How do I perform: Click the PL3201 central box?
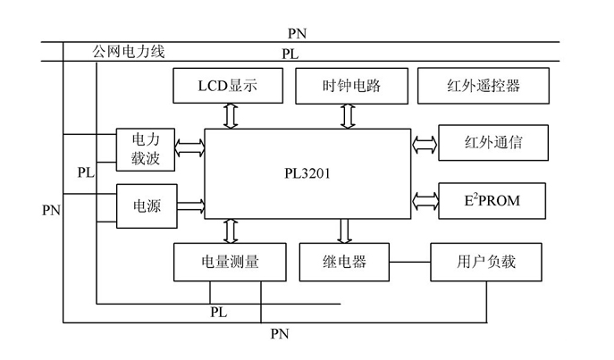point(304,173)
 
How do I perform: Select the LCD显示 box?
point(227,87)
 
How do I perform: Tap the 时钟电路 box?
point(352,87)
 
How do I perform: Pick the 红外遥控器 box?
point(483,87)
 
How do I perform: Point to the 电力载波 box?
point(147,149)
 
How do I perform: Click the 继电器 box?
point(345,263)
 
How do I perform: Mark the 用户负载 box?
point(486,263)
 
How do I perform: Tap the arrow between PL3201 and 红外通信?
point(425,143)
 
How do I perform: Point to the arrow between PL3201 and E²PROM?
point(425,198)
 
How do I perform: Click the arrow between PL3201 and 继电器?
point(345,230)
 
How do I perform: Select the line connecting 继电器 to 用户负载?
point(411,263)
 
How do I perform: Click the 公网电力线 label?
point(130,52)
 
